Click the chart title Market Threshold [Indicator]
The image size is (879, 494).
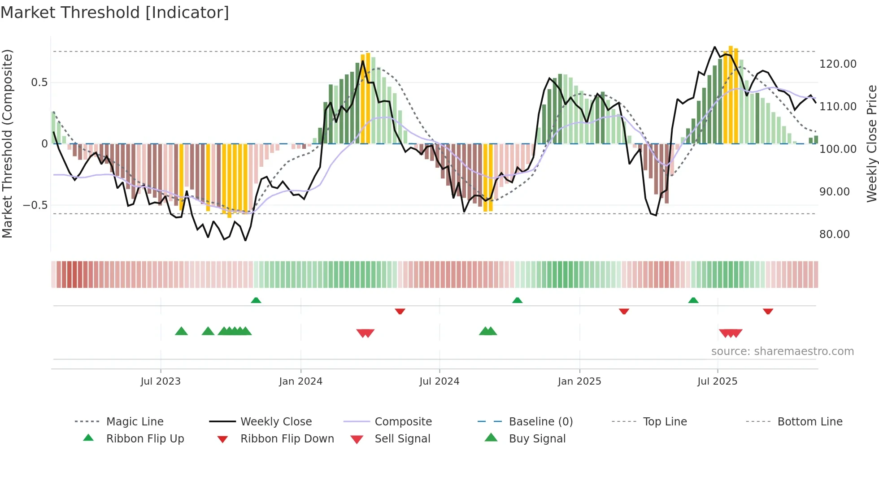(115, 13)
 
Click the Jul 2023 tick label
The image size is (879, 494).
(160, 381)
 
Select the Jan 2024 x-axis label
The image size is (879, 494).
(300, 381)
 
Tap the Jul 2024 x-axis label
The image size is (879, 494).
(439, 381)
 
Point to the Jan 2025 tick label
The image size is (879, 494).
(579, 381)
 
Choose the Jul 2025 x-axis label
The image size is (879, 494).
(717, 381)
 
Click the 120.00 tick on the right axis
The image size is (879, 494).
(838, 64)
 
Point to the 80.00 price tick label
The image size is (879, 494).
(834, 234)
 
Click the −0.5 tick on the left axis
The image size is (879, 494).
(35, 205)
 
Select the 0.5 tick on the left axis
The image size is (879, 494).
(39, 82)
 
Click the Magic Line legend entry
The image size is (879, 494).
(135, 422)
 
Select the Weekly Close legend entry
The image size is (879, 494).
(276, 422)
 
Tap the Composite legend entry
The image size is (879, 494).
(403, 422)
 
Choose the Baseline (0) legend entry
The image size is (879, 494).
(540, 422)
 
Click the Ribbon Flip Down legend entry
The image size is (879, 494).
(287, 439)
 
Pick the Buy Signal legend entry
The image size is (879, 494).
(537, 439)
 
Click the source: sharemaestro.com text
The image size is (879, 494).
(782, 351)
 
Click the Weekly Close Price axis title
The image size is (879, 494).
(871, 143)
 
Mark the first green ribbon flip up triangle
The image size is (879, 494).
(256, 300)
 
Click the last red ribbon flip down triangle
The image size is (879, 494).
(768, 311)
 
